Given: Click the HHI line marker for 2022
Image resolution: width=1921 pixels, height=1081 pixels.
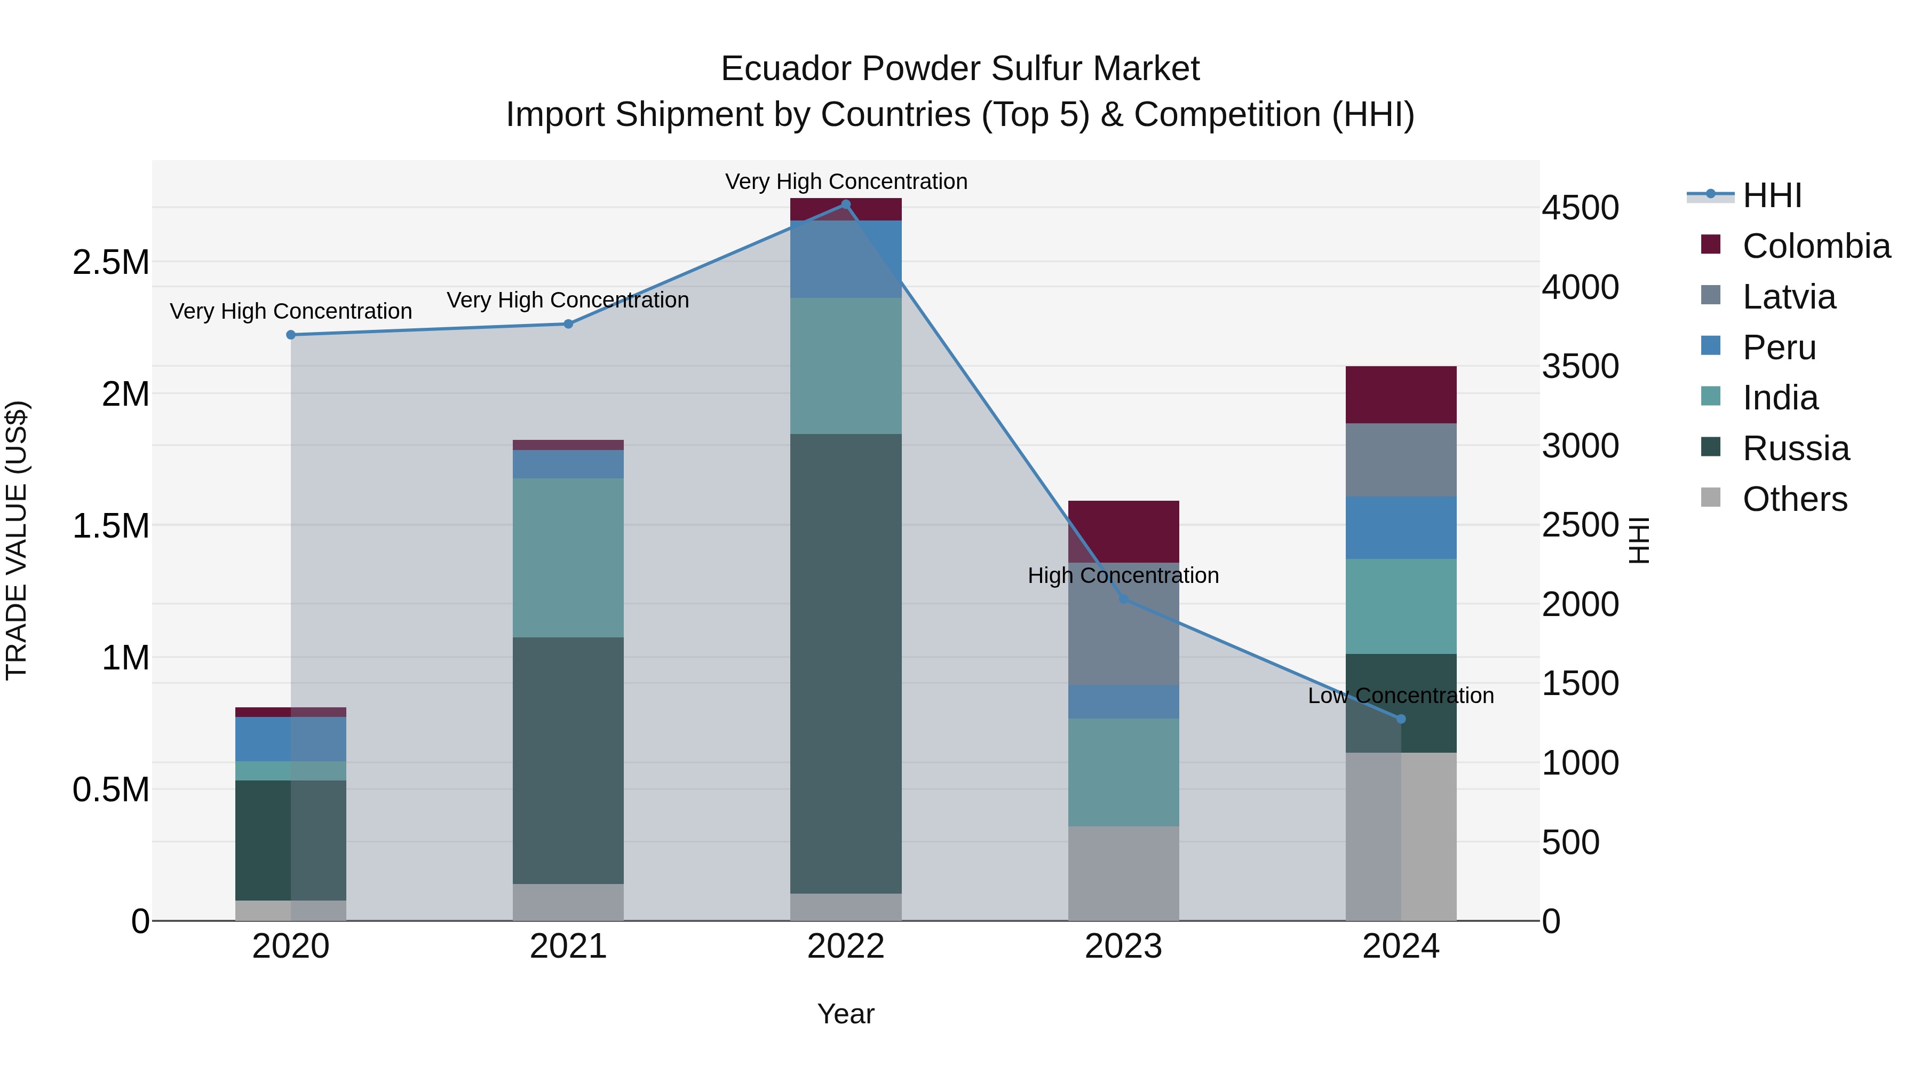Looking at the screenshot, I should coord(846,204).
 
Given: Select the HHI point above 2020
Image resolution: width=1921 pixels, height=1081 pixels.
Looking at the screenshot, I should coord(291,335).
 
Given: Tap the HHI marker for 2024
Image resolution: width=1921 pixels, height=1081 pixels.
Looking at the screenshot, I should coord(1401,719).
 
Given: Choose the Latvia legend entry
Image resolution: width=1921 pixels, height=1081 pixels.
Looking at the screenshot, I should coord(1788,297).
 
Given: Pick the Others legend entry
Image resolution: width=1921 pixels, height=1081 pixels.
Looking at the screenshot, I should coord(1794,499).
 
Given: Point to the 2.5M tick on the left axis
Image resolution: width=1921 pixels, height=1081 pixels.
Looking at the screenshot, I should coord(111,263).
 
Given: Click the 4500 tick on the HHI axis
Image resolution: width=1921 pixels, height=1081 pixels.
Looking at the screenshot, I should coord(1580,208).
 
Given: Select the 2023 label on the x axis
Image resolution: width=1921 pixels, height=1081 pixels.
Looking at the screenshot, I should coord(1123,946).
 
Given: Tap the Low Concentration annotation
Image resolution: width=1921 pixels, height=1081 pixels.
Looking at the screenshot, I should coord(1401,695).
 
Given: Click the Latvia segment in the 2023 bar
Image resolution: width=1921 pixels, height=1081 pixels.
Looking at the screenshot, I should coord(1123,624).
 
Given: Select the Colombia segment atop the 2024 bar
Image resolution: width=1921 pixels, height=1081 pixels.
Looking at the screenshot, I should coord(1401,394).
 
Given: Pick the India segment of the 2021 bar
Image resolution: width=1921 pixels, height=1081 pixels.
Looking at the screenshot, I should coord(568,557).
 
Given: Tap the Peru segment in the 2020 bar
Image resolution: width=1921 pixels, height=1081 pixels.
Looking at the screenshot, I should coord(291,739).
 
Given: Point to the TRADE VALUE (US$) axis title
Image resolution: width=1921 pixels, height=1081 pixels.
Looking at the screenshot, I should coord(17,540).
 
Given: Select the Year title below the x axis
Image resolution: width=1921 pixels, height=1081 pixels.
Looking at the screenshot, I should coord(846,1014).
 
